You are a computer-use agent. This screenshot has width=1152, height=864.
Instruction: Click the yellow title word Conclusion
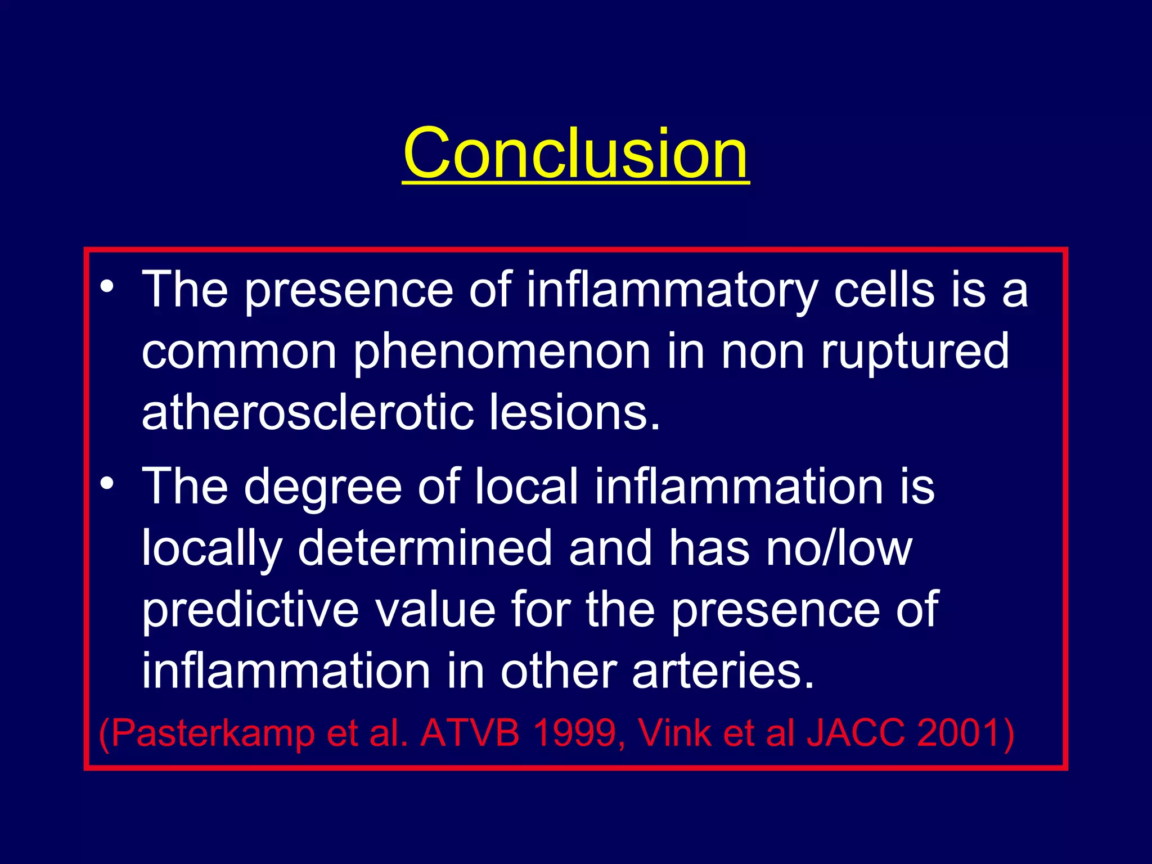point(575,153)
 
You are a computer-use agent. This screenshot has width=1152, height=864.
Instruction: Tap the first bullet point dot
point(107,286)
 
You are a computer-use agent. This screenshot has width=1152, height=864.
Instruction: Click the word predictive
point(250,611)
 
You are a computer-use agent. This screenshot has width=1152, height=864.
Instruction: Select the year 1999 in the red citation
point(574,733)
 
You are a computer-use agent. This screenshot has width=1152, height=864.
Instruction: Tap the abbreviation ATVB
point(470,733)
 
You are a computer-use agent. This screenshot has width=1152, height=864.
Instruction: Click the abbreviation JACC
point(856,733)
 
